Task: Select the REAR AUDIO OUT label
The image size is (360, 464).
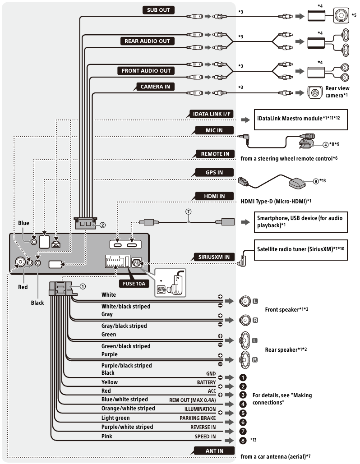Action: (147, 41)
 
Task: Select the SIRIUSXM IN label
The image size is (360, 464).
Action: (214, 257)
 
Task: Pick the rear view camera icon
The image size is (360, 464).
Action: (314, 92)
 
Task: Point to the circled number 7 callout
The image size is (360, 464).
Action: (188, 211)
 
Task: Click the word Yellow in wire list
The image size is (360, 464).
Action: (109, 382)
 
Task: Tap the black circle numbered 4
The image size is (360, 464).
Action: (243, 404)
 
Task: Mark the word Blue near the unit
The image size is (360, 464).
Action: (23, 223)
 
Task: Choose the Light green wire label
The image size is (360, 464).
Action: (116, 418)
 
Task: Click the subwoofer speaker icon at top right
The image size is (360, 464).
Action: (342, 16)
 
